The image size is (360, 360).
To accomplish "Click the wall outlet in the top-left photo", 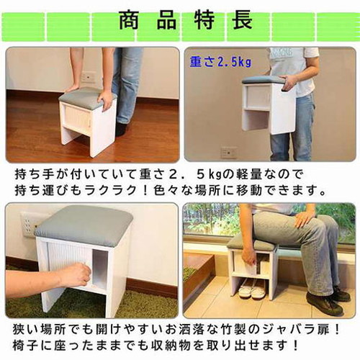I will [x=88, y=76].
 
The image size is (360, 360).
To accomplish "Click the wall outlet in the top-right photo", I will [x=228, y=152].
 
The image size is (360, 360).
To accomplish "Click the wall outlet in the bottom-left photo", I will [x=30, y=222].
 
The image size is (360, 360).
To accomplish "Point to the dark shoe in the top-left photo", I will [x=121, y=129].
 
